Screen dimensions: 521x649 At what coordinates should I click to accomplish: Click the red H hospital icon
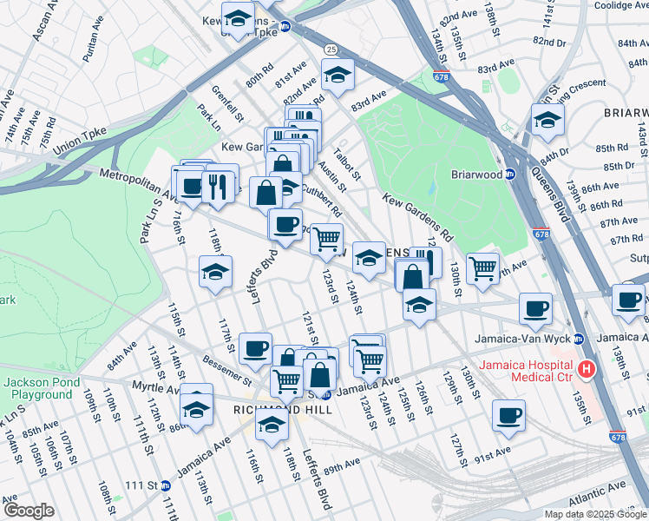point(587,369)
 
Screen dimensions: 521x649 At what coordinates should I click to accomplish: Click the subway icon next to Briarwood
point(511,174)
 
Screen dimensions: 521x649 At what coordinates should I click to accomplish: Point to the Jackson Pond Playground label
point(41,388)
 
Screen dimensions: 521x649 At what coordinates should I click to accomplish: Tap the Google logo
point(29,511)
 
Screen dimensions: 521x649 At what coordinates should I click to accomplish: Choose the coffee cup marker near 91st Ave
point(508,416)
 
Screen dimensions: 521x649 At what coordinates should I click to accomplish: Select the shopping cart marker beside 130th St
point(483,267)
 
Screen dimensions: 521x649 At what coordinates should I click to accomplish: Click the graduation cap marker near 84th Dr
point(547,122)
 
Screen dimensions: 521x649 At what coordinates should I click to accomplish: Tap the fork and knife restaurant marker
point(218,187)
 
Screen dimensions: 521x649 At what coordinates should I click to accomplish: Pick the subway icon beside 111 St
point(166,486)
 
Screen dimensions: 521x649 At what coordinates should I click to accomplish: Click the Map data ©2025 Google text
point(594,514)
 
